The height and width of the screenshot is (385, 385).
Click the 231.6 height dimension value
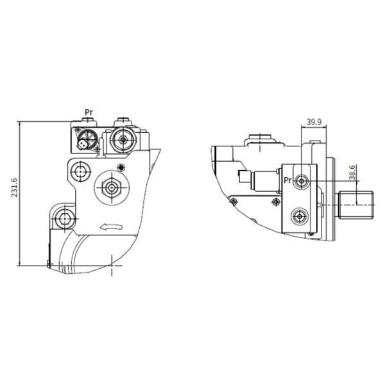point(15,187)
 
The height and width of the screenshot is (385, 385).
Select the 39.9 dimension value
point(314,122)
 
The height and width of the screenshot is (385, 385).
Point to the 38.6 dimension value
point(352,173)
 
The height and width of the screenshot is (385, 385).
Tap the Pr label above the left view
point(89,112)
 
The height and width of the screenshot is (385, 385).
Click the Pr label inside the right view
point(287,180)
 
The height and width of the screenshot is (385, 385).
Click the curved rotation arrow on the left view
point(111,227)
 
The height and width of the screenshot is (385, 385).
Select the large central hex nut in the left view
point(112,188)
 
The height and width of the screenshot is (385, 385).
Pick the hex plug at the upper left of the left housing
point(80,171)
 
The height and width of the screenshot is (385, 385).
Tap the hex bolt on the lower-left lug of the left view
point(64,219)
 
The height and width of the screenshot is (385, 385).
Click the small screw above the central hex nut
point(121,167)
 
